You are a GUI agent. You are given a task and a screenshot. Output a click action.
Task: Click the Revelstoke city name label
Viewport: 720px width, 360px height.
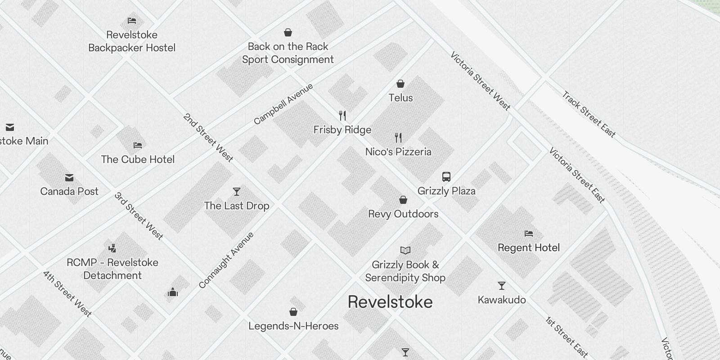[x=390, y=302]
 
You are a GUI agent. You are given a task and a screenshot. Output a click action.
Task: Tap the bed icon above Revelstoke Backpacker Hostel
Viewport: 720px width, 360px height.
[x=132, y=21]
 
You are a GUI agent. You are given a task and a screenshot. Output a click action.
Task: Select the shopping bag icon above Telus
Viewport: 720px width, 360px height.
[x=400, y=84]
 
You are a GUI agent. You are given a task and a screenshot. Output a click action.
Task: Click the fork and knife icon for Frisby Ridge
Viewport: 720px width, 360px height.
[x=342, y=116]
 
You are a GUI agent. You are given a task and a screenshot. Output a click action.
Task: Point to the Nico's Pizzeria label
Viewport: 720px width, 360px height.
[x=398, y=152]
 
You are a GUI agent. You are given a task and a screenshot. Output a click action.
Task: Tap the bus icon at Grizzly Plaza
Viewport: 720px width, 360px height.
[x=446, y=177]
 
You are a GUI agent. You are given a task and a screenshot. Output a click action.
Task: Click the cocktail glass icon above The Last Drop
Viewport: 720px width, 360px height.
[x=237, y=192]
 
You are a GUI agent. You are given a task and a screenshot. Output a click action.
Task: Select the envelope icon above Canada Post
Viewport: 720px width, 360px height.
[x=69, y=178]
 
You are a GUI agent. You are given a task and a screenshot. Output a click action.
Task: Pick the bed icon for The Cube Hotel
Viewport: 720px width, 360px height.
[x=138, y=145]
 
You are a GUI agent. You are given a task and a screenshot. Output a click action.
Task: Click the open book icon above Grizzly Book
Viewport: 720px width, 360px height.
[x=405, y=250]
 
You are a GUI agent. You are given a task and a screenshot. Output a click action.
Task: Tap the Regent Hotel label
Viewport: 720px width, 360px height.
[x=529, y=247]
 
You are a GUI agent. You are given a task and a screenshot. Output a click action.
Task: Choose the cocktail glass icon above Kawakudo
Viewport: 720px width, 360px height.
[x=502, y=286]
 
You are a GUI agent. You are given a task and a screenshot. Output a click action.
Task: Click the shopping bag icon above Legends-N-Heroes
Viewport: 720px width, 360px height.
[x=293, y=312]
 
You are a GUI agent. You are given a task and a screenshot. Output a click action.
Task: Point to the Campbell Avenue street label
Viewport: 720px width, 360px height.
[x=283, y=104]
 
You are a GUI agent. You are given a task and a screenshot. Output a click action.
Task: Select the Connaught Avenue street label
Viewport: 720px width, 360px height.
[x=226, y=260]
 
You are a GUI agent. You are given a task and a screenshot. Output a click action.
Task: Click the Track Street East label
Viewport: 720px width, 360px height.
[x=589, y=114]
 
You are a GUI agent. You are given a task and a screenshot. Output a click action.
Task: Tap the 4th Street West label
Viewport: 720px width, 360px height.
[x=67, y=293]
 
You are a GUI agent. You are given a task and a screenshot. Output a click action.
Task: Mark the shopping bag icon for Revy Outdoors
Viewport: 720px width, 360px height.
[x=403, y=200]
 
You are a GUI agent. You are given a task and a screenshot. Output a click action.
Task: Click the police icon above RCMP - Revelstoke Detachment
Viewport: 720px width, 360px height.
[x=112, y=248]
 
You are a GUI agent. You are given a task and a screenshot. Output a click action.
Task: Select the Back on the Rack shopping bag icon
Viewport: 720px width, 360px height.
[x=288, y=32]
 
